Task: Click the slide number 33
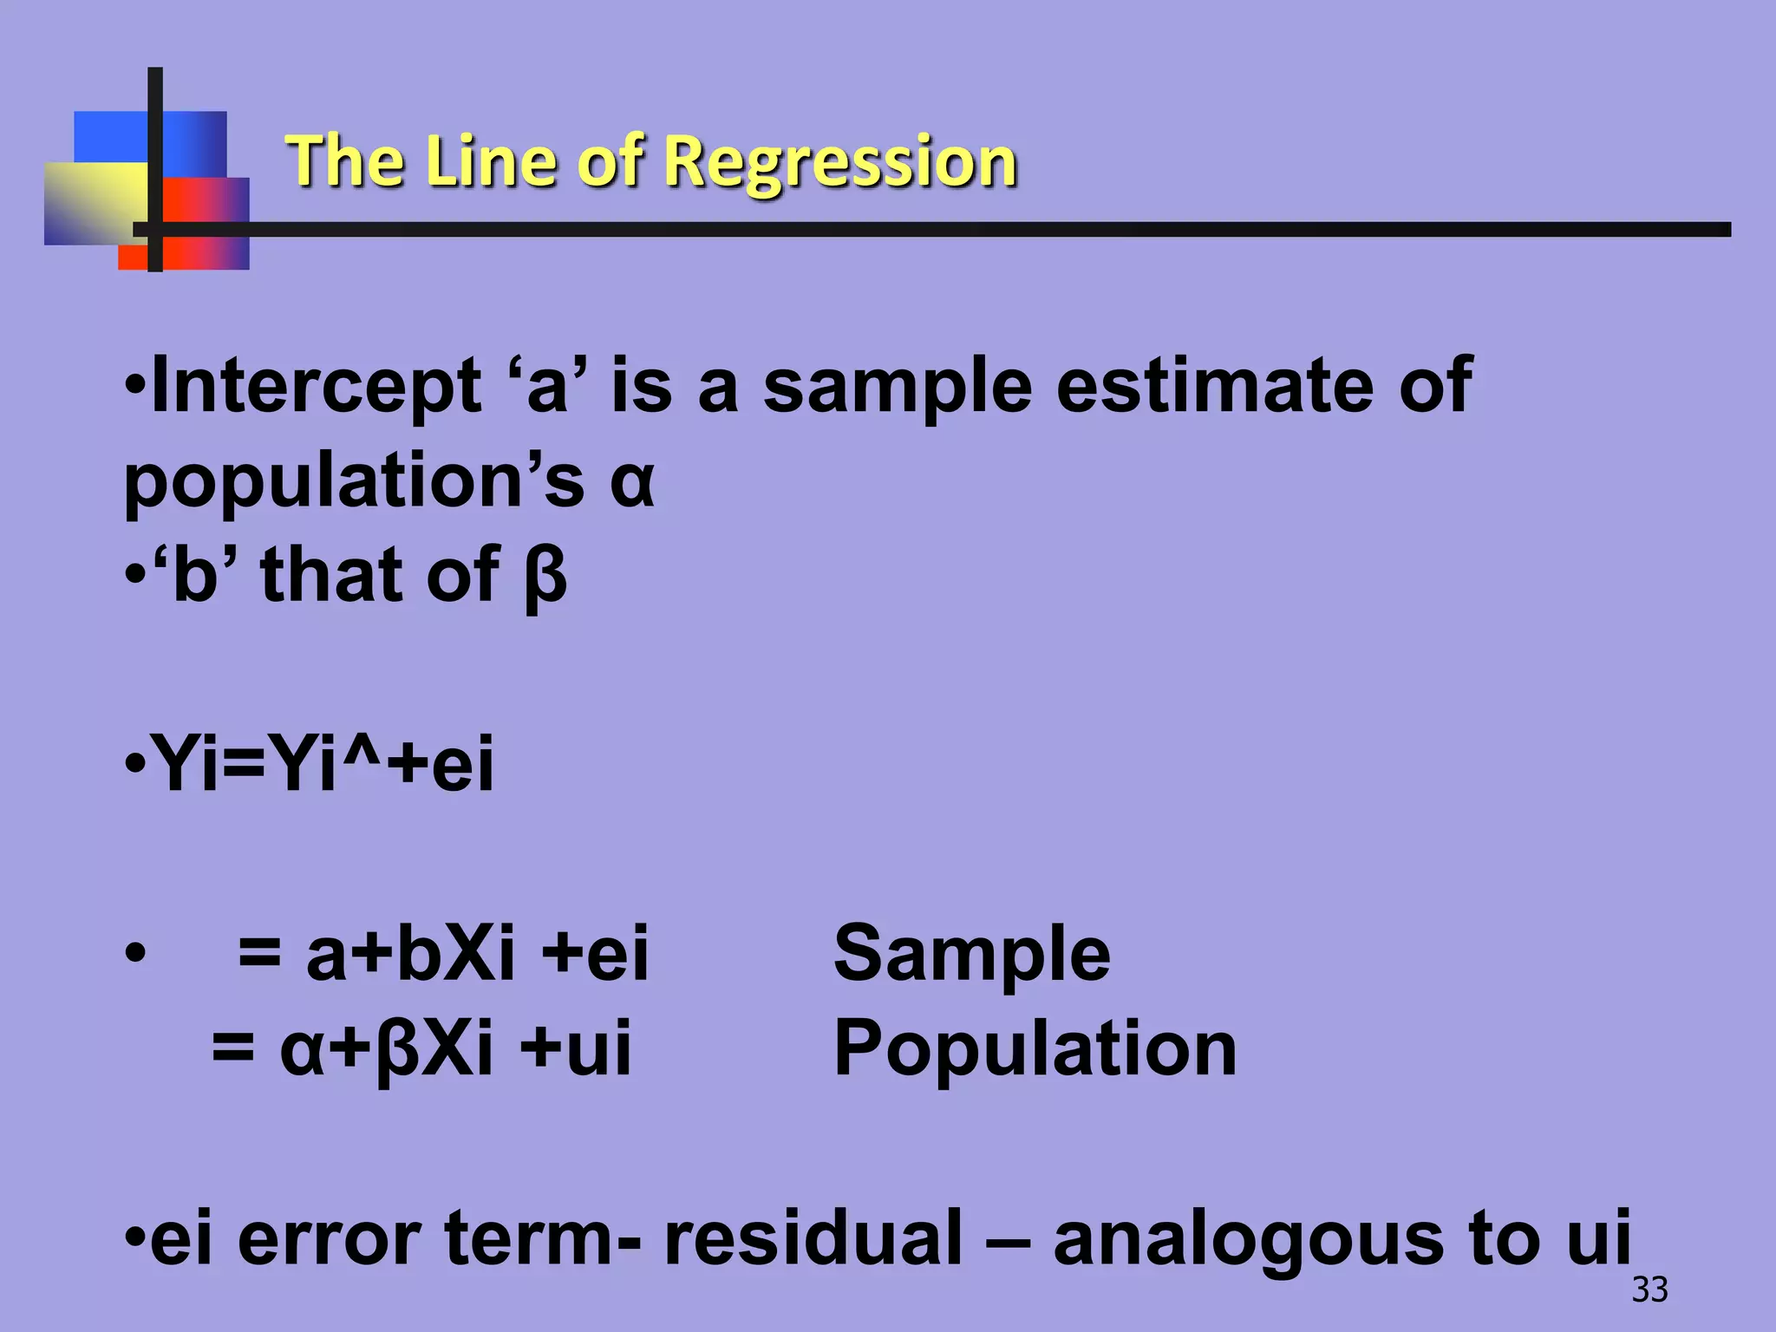[1649, 1290]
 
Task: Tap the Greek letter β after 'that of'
[545, 577]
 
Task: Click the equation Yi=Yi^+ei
[322, 764]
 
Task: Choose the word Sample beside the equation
[971, 954]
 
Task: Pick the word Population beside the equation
[1035, 1049]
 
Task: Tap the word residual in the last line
[813, 1238]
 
